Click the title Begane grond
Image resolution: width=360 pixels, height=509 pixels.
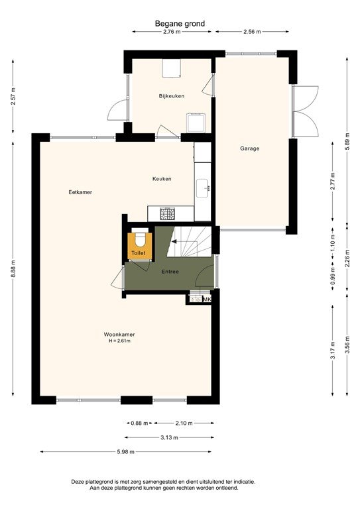coord(180,23)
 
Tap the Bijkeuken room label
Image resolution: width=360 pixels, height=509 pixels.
coord(171,96)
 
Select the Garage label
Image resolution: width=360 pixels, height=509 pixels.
coord(250,148)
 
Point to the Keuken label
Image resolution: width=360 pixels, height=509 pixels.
coord(162,179)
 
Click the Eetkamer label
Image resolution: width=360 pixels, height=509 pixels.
coord(80,192)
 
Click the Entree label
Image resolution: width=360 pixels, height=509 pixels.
coord(170,272)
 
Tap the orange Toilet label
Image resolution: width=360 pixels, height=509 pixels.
coord(138,253)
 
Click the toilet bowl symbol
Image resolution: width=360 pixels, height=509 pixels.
coord(139,238)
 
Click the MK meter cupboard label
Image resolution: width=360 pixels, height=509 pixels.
coord(206,300)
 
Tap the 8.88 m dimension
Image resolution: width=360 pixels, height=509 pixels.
coord(13,272)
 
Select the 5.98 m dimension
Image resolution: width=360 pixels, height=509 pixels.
coord(125,452)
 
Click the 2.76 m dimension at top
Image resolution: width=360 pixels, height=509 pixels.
coord(171,31)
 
